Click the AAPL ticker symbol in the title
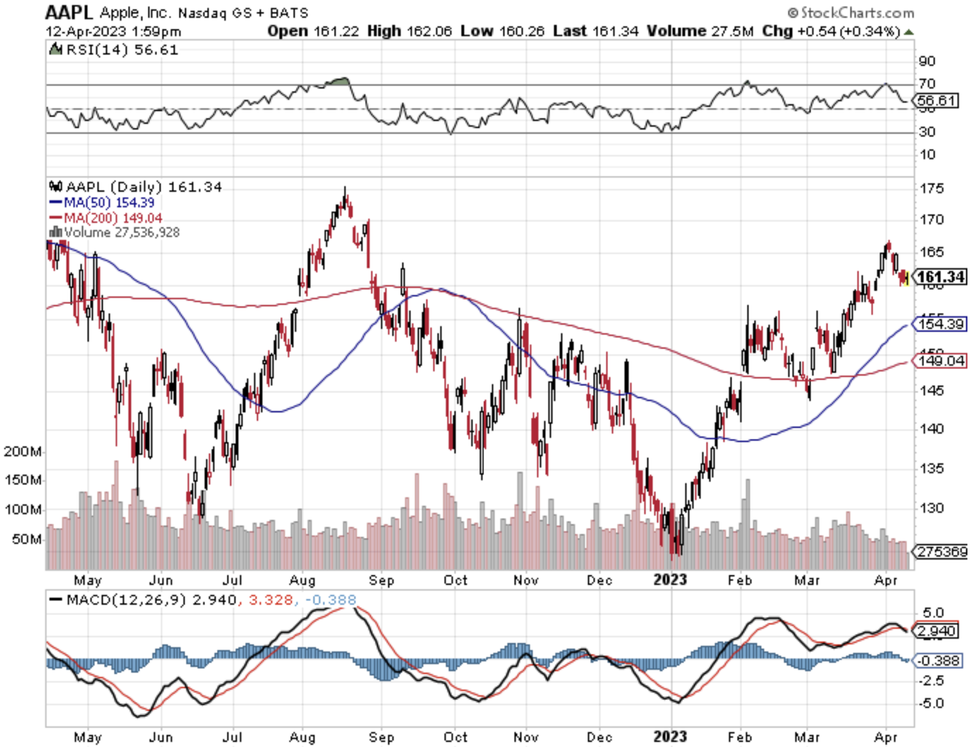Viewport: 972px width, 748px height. click(69, 12)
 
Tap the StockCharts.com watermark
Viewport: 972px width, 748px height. click(851, 12)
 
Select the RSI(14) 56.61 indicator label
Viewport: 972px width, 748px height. click(122, 50)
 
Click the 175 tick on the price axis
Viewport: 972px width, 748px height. click(931, 188)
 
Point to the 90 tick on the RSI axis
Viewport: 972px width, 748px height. click(927, 61)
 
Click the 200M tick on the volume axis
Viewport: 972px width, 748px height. click(23, 451)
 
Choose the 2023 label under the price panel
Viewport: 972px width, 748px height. click(670, 580)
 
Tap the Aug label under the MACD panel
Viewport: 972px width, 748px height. click(303, 737)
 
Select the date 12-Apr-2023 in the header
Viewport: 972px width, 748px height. click(86, 31)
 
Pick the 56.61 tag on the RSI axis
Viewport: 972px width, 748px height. click(936, 100)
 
